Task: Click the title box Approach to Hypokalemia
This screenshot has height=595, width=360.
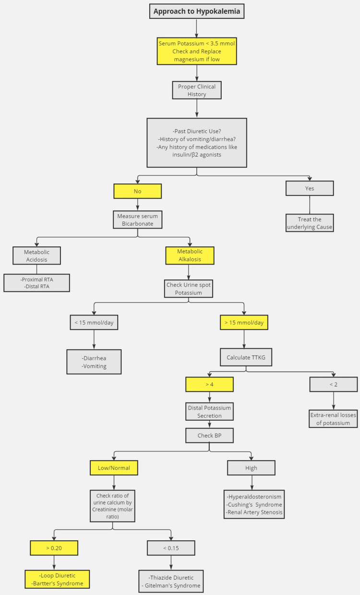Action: click(197, 11)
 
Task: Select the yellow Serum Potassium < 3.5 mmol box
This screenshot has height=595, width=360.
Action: click(197, 51)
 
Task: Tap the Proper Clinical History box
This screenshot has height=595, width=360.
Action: click(197, 90)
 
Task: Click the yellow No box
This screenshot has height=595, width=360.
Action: click(137, 191)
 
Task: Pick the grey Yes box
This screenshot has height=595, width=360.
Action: click(310, 188)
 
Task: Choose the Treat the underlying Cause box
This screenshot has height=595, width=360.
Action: click(310, 222)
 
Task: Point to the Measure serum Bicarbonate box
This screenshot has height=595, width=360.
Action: click(137, 220)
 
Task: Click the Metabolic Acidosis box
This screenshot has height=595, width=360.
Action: click(36, 255)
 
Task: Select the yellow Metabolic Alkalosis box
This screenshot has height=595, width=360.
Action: click(190, 255)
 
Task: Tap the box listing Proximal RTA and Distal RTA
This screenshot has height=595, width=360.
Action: click(36, 282)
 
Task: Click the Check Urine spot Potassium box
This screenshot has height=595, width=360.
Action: click(189, 288)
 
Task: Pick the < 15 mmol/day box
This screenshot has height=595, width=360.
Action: click(94, 323)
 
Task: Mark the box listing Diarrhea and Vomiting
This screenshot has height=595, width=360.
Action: click(94, 362)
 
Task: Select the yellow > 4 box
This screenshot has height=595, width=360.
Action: click(209, 384)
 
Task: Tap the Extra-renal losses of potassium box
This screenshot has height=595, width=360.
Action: click(333, 419)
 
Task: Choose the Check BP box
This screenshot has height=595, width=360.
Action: click(209, 435)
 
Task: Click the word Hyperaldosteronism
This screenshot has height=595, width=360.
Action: click(254, 497)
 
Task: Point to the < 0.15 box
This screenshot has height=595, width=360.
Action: click(171, 548)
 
